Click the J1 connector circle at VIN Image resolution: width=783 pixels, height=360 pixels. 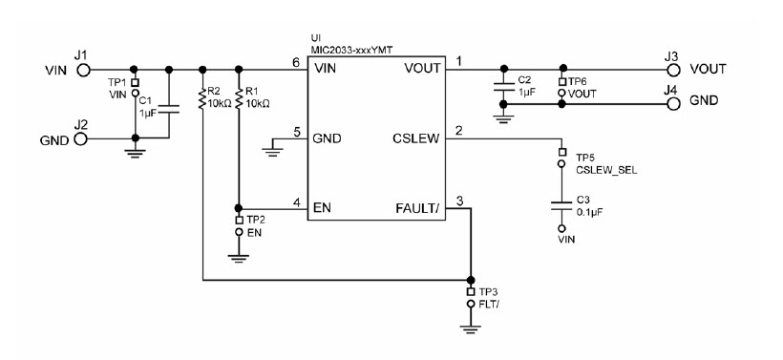(x=84, y=70)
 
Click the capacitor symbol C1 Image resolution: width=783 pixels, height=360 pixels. (x=169, y=106)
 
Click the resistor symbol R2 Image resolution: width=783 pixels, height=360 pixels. (x=202, y=99)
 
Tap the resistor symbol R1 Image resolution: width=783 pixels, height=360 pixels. (x=238, y=99)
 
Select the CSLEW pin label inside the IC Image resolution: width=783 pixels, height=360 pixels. (x=414, y=138)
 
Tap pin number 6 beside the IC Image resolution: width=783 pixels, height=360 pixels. (x=297, y=63)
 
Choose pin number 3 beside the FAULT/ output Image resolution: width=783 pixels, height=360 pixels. (x=460, y=201)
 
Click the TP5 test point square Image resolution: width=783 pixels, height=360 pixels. (x=562, y=151)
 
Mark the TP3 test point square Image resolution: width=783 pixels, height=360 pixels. (x=470, y=290)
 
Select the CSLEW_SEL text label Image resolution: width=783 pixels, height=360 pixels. (x=605, y=169)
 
